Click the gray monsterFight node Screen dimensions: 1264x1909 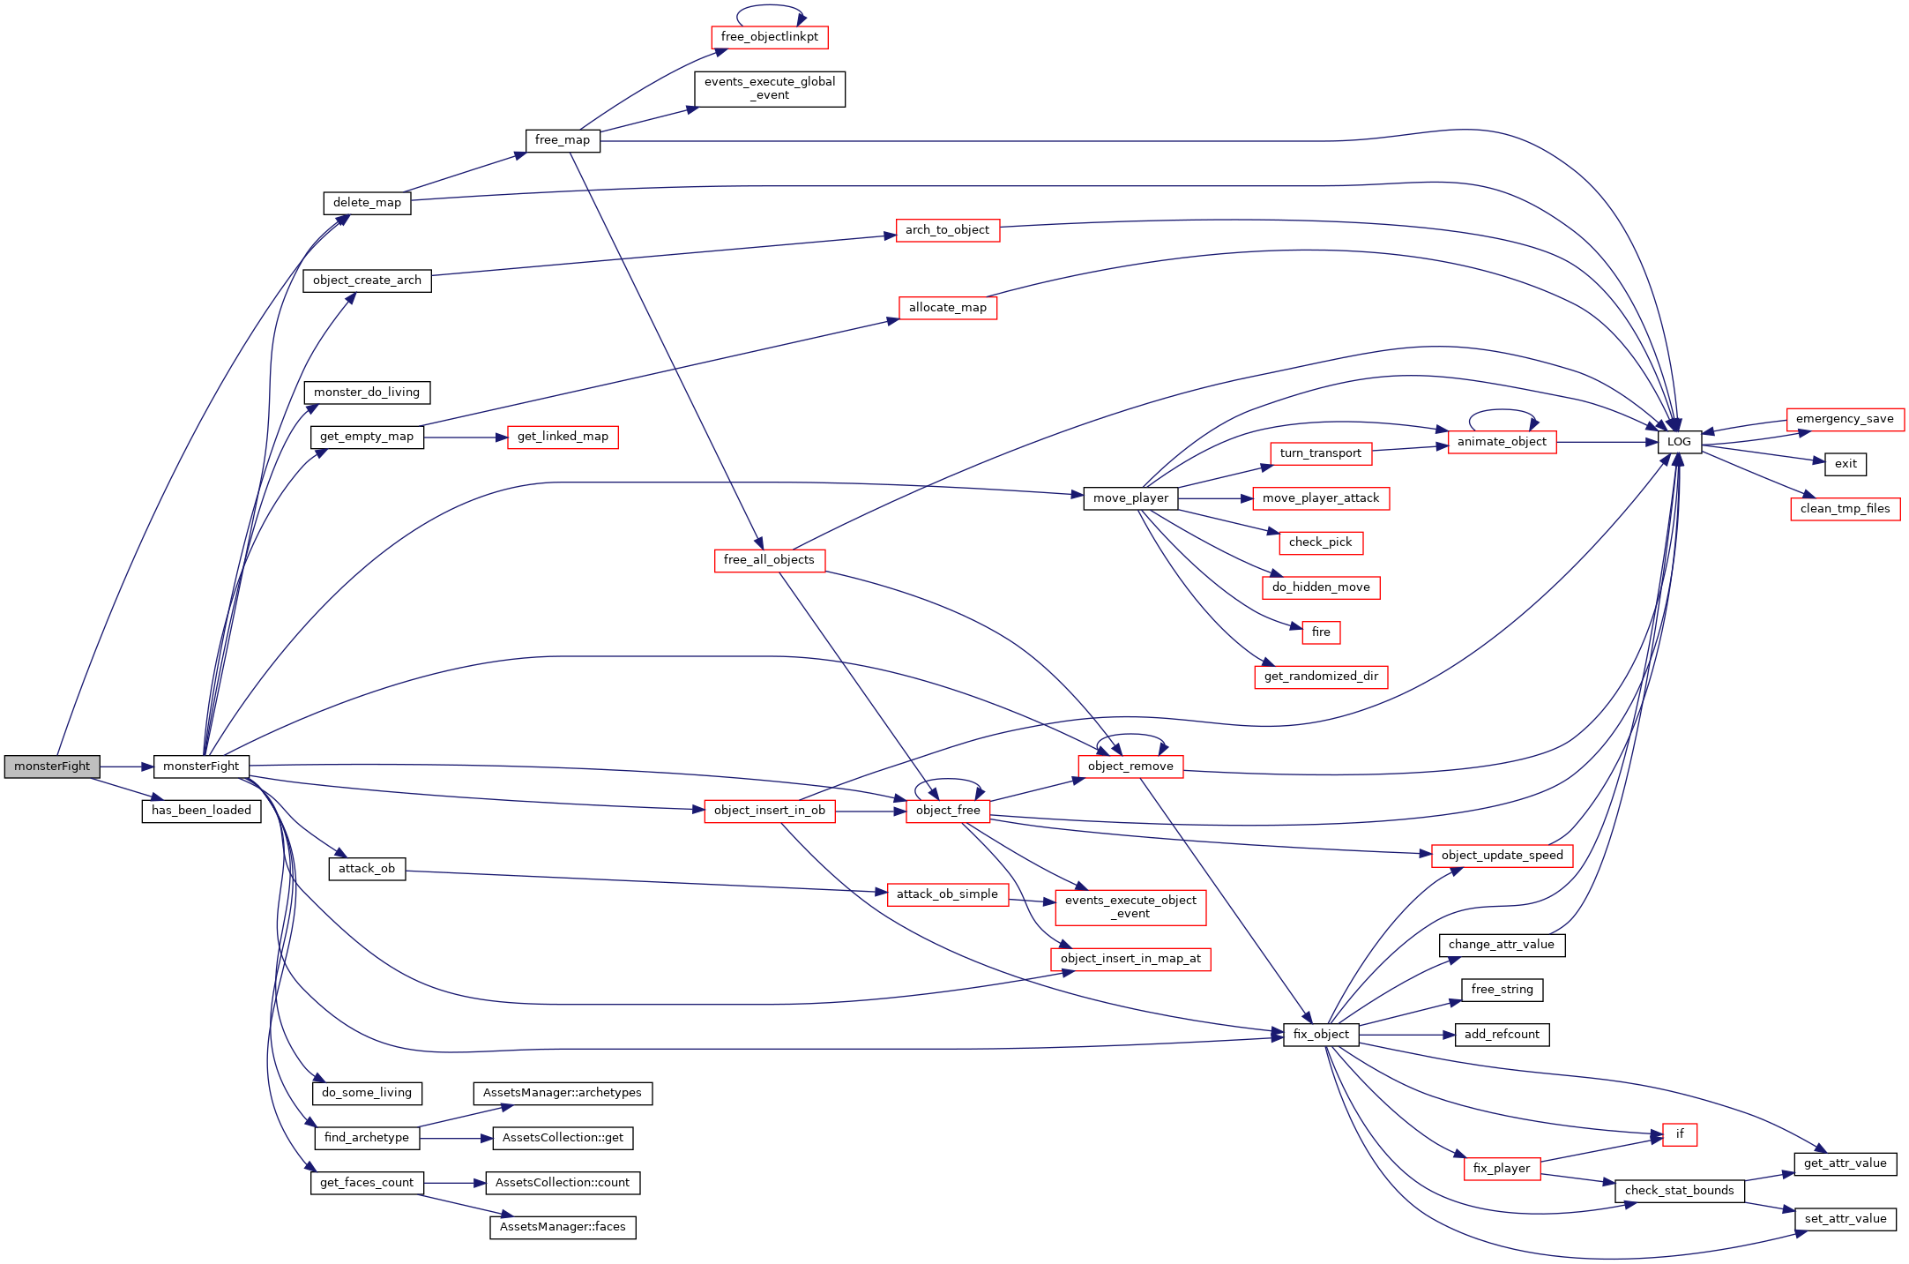52,767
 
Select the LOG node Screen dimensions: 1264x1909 1679,442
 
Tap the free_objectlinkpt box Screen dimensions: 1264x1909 769,37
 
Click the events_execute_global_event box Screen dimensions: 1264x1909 770,89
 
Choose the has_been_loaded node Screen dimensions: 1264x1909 201,811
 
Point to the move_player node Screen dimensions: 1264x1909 1130,498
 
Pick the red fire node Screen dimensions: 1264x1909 1321,632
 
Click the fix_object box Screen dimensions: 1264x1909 1321,1035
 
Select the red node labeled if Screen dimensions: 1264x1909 1680,1134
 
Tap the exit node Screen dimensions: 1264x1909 1846,464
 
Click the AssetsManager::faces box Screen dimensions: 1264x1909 563,1227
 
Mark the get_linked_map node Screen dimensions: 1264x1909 563,437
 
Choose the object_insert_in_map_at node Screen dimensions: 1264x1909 1130,959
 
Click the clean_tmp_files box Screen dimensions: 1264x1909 1846,509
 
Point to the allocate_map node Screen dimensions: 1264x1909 948,308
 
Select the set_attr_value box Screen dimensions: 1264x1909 1846,1219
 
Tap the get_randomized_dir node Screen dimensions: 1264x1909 1321,677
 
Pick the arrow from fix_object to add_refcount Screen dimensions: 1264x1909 1407,1035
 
